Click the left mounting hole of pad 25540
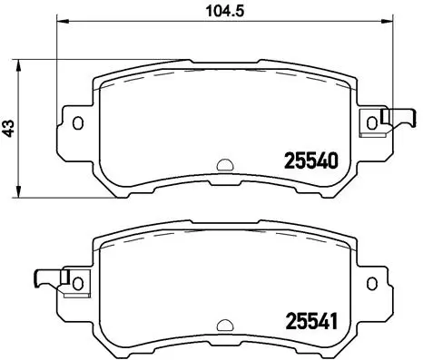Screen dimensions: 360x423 (77, 122)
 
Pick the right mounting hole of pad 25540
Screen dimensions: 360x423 (371, 122)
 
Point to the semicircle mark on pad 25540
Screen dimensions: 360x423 (224, 165)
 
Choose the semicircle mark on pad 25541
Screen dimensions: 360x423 (224, 323)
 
